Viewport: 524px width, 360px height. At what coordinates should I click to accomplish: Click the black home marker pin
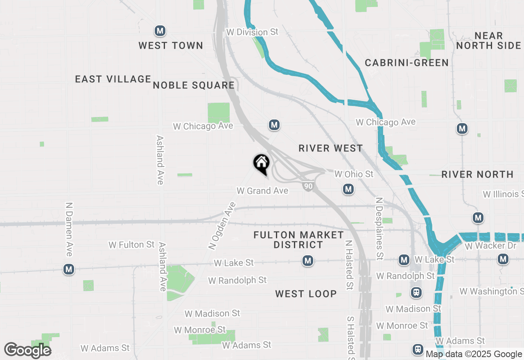coord(261,163)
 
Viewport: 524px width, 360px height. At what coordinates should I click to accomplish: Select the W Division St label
coord(252,32)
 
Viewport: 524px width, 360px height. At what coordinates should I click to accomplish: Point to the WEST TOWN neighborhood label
coord(171,45)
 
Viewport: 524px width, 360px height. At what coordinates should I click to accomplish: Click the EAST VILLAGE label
coord(113,79)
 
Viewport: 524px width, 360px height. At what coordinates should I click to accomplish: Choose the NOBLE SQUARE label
coord(194,85)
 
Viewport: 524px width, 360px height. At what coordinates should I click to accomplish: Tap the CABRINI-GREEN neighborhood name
coord(407,63)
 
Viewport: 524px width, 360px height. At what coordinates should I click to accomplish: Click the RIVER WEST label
coord(331,148)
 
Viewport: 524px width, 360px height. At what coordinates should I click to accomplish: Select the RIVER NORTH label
coord(477,175)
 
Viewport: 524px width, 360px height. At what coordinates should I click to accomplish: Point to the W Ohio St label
coord(354,174)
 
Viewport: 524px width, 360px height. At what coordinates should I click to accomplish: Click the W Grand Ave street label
coord(262,191)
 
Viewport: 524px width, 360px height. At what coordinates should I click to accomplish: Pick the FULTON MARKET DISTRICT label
coord(298,240)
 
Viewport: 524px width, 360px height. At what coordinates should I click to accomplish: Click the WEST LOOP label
coord(306,294)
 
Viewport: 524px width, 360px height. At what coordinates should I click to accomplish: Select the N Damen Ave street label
coord(69,229)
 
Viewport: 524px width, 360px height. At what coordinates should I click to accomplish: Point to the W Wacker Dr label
coord(490,246)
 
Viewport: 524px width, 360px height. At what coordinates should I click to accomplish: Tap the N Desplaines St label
coord(379,229)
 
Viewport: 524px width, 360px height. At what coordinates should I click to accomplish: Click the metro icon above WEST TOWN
coord(160,31)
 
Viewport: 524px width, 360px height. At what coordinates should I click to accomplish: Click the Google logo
coord(27,351)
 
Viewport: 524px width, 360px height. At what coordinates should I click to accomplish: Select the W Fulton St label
coord(131,245)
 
